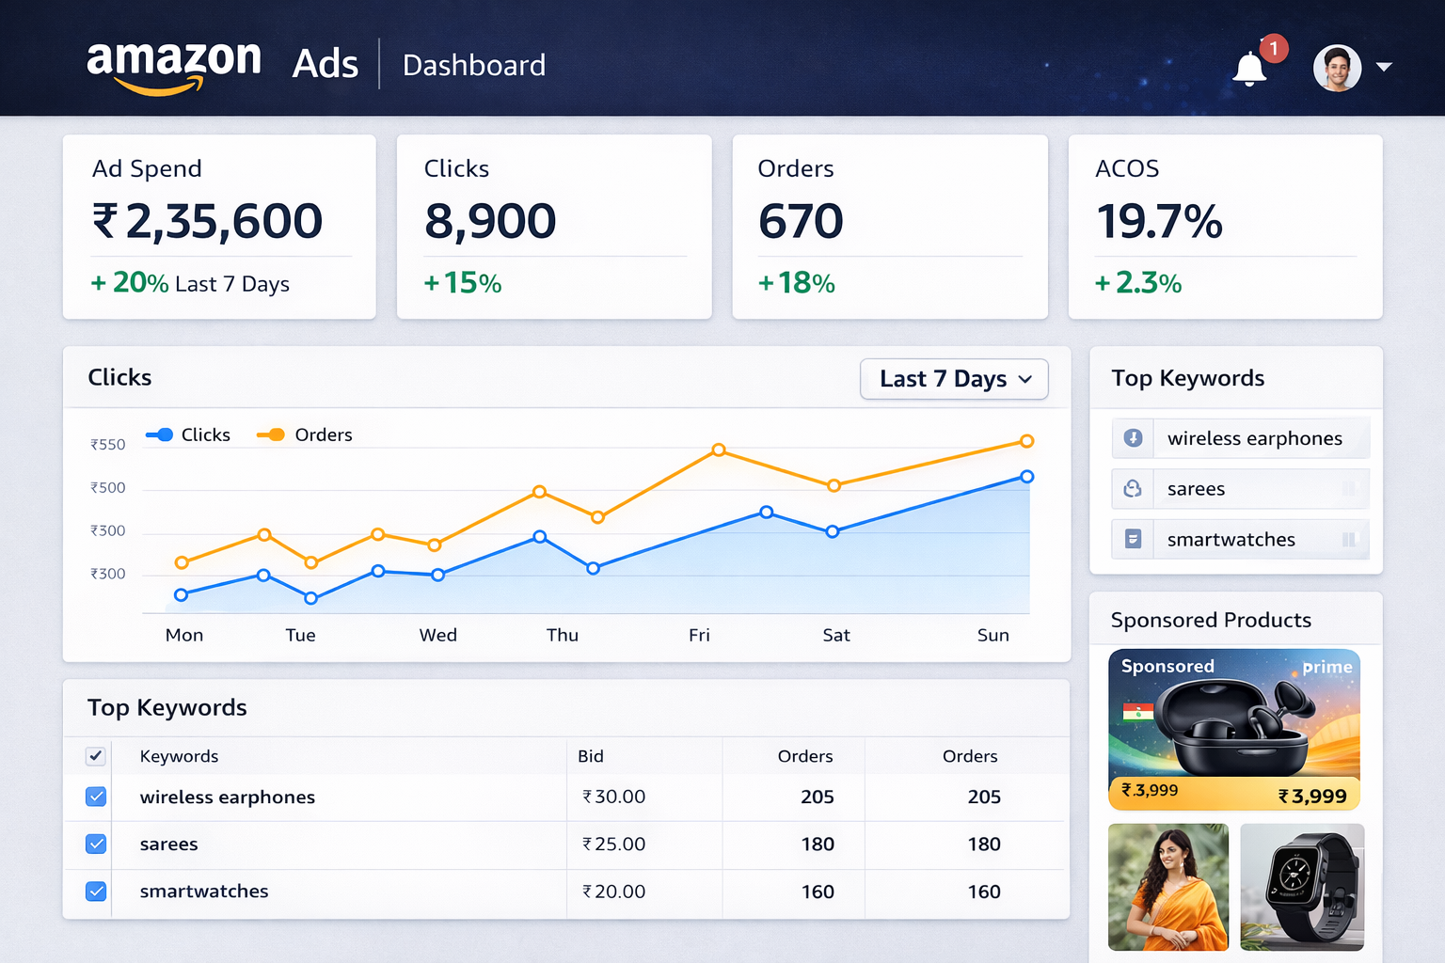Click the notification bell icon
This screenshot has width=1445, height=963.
(1249, 69)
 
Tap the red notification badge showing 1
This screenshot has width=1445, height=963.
(1274, 48)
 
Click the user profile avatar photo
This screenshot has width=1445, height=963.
(1337, 68)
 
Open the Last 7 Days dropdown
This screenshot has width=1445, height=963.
(954, 379)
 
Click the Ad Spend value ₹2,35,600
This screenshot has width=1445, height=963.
(207, 222)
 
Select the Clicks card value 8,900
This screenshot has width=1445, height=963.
(490, 222)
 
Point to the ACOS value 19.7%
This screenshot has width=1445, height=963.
(1159, 222)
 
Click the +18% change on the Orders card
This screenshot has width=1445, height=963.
(797, 283)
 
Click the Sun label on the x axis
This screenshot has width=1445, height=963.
(992, 635)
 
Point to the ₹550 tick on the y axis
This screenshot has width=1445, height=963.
(108, 445)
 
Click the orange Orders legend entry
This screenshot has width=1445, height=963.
(305, 434)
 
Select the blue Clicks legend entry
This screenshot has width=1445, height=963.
(188, 434)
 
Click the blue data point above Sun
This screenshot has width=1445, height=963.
(1027, 477)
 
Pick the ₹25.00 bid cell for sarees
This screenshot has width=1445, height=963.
(613, 845)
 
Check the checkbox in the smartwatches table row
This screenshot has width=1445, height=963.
(96, 891)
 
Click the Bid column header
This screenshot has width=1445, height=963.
(591, 756)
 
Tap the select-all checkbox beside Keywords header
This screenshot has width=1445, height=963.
(96, 756)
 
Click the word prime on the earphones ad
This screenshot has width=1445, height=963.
(1326, 667)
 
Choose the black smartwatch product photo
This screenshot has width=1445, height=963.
(1302, 887)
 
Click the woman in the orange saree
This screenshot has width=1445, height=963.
(1168, 887)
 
